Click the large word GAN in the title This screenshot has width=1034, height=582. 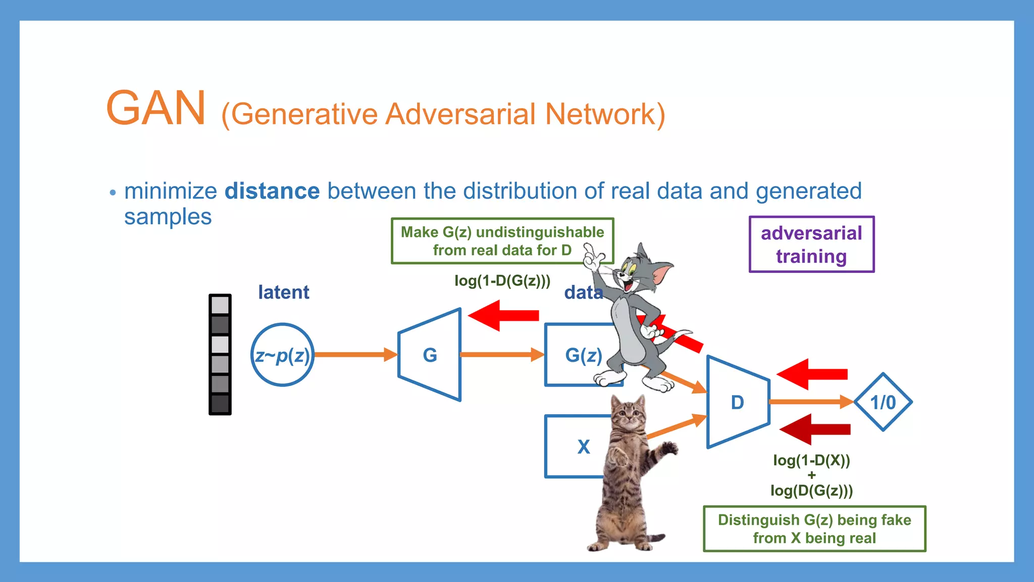[x=156, y=108]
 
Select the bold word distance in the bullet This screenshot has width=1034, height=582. [x=272, y=191]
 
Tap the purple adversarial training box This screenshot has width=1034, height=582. [x=811, y=245]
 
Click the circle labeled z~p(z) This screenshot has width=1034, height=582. [x=282, y=355]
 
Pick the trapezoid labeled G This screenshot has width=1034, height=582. [x=430, y=355]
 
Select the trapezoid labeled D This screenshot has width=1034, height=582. [x=738, y=402]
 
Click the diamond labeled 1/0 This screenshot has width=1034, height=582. [x=883, y=402]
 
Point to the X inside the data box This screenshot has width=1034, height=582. [x=584, y=447]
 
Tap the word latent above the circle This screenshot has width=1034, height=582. [x=283, y=292]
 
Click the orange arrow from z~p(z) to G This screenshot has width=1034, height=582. [x=353, y=355]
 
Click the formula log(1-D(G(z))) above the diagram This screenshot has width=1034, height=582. [x=502, y=280]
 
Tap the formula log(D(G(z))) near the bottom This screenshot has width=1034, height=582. [x=811, y=491]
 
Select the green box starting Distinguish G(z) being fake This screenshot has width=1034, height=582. [x=814, y=529]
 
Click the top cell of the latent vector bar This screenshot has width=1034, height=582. [x=220, y=305]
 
